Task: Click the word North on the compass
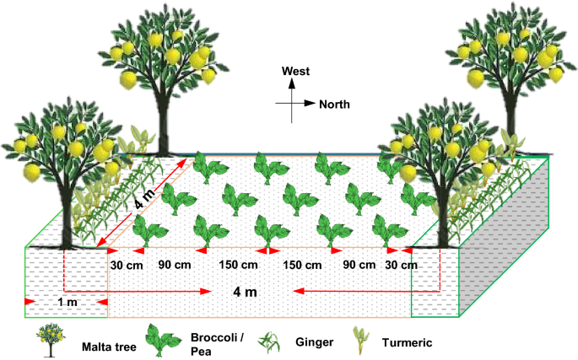334,104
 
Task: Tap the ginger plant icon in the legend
269,341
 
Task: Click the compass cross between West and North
289,104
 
